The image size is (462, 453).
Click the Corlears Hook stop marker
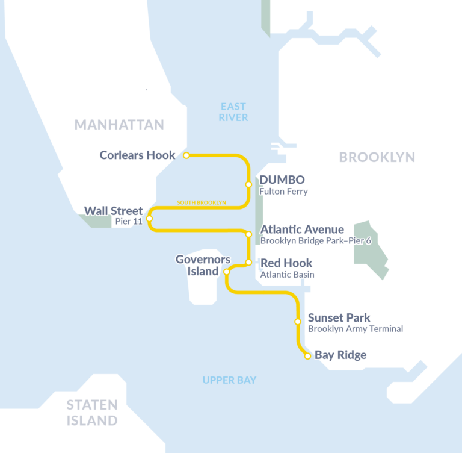tap(186, 155)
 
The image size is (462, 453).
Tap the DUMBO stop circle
tap(248, 184)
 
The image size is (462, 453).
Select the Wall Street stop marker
tap(149, 218)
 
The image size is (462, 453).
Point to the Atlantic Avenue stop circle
tap(248, 234)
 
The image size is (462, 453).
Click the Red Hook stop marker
tap(248, 263)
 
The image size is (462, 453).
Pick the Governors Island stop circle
tap(226, 272)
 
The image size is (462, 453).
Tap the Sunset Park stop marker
tap(297, 322)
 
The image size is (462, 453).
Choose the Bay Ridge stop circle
tap(307, 356)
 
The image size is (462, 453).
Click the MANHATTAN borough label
tap(119, 125)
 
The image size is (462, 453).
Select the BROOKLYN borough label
tap(377, 157)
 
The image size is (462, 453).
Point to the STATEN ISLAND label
tap(92, 413)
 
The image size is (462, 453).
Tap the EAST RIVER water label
tap(233, 112)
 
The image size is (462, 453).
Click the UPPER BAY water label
tap(229, 380)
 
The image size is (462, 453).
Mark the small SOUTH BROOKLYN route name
tap(202, 203)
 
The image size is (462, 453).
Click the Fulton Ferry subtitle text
tap(283, 192)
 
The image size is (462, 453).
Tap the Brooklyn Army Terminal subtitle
tap(355, 329)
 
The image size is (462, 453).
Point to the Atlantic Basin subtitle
tap(287, 275)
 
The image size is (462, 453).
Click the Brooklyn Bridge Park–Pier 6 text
tap(315, 241)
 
